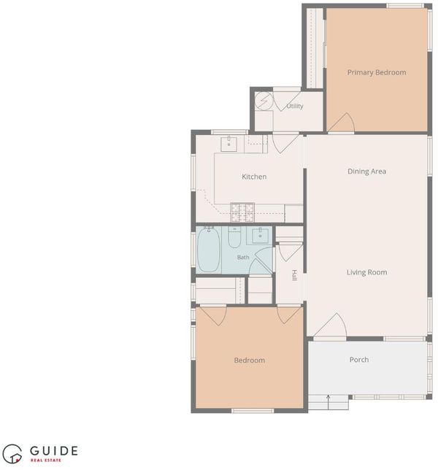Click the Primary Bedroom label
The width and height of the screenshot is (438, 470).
coord(377,72)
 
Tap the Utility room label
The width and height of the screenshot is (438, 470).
coord(295,106)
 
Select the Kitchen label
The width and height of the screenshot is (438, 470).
coord(254,177)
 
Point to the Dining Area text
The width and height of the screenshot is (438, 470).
coord(366,172)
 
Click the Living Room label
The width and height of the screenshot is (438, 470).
coord(366,272)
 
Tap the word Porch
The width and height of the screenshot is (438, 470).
coord(359,359)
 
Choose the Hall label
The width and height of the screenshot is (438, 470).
coord(295,275)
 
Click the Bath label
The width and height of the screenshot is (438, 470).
coord(243,257)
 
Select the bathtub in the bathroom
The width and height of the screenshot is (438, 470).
coord(209,250)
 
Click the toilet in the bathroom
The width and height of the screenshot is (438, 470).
coord(234,237)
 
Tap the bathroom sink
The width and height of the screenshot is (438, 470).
coord(260,235)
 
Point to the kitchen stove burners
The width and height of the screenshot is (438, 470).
coord(242,212)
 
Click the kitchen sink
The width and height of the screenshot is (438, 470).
coord(228,145)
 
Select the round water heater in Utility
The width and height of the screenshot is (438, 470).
coord(264,101)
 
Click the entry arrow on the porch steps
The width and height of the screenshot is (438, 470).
coord(328,402)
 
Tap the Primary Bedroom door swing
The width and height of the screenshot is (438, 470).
coord(342,123)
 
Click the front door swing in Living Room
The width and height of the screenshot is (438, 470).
coord(331,325)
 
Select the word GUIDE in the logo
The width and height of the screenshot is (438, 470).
coord(54,451)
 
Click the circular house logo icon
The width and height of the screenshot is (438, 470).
coord(12,454)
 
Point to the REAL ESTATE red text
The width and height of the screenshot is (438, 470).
coord(45,460)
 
